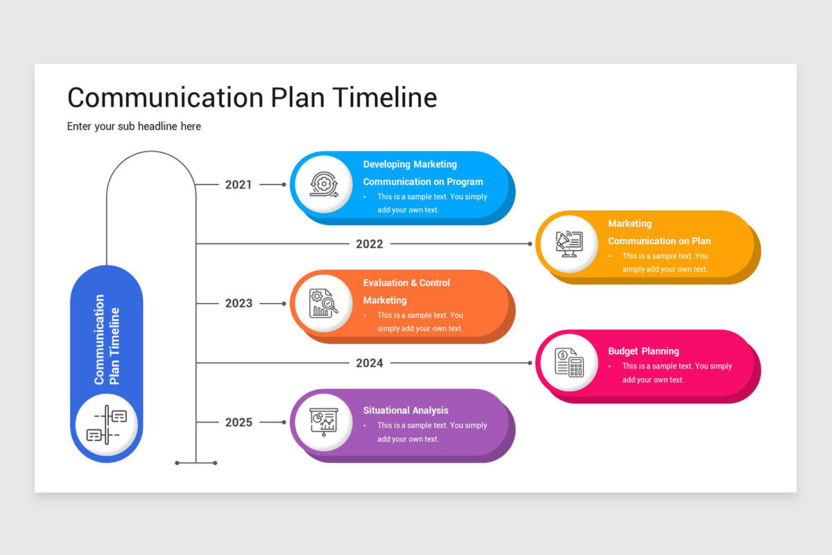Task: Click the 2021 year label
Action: [x=239, y=185]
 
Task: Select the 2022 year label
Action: [x=370, y=244]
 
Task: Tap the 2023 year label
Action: [x=239, y=303]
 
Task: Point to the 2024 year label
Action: [x=370, y=363]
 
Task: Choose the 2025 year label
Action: [x=239, y=422]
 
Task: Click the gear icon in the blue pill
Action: [x=322, y=185]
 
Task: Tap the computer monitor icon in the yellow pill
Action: [x=569, y=244]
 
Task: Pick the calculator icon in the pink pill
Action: [x=569, y=363]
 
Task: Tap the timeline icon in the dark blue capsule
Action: [x=107, y=425]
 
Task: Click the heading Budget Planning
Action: [x=643, y=351]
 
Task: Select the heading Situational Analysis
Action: [x=406, y=411]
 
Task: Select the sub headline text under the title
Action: [x=134, y=126]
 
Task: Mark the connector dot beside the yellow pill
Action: [x=530, y=244]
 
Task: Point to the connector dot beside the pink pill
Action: [x=530, y=363]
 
